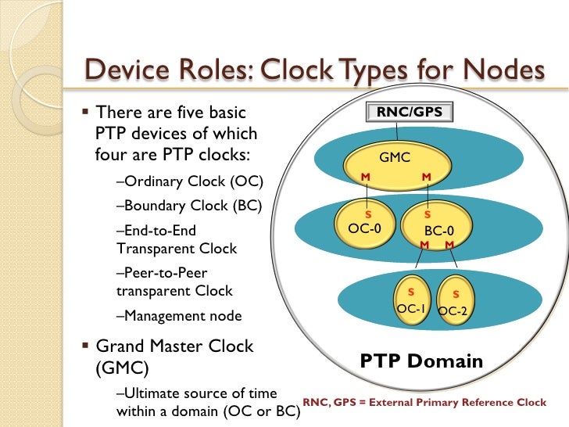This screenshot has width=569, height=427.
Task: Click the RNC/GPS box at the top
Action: [x=410, y=113]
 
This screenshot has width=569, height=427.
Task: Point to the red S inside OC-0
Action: [x=369, y=213]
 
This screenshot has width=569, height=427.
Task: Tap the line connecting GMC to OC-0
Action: [x=368, y=193]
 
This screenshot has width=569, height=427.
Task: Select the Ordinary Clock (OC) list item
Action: [x=189, y=182]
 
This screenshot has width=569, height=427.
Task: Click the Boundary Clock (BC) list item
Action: [x=188, y=206]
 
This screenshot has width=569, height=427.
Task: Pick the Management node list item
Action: [x=178, y=316]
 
